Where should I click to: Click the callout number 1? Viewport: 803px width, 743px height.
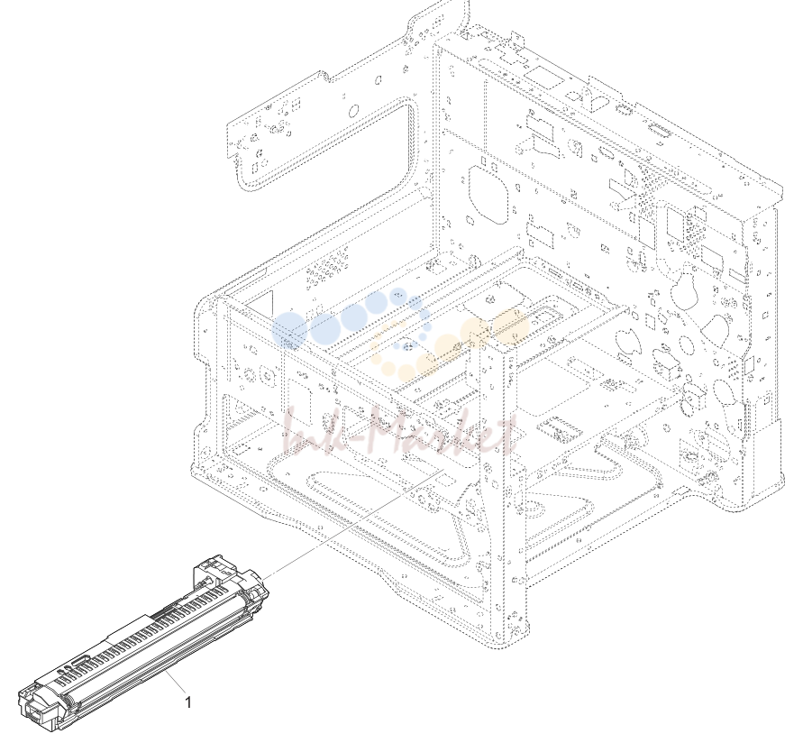tap(188, 702)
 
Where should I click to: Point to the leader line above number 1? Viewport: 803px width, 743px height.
tap(175, 682)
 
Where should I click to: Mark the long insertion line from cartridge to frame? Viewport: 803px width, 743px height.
tap(353, 525)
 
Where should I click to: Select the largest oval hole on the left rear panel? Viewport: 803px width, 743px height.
tap(353, 111)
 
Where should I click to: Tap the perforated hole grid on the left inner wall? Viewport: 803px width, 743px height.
tap(327, 267)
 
